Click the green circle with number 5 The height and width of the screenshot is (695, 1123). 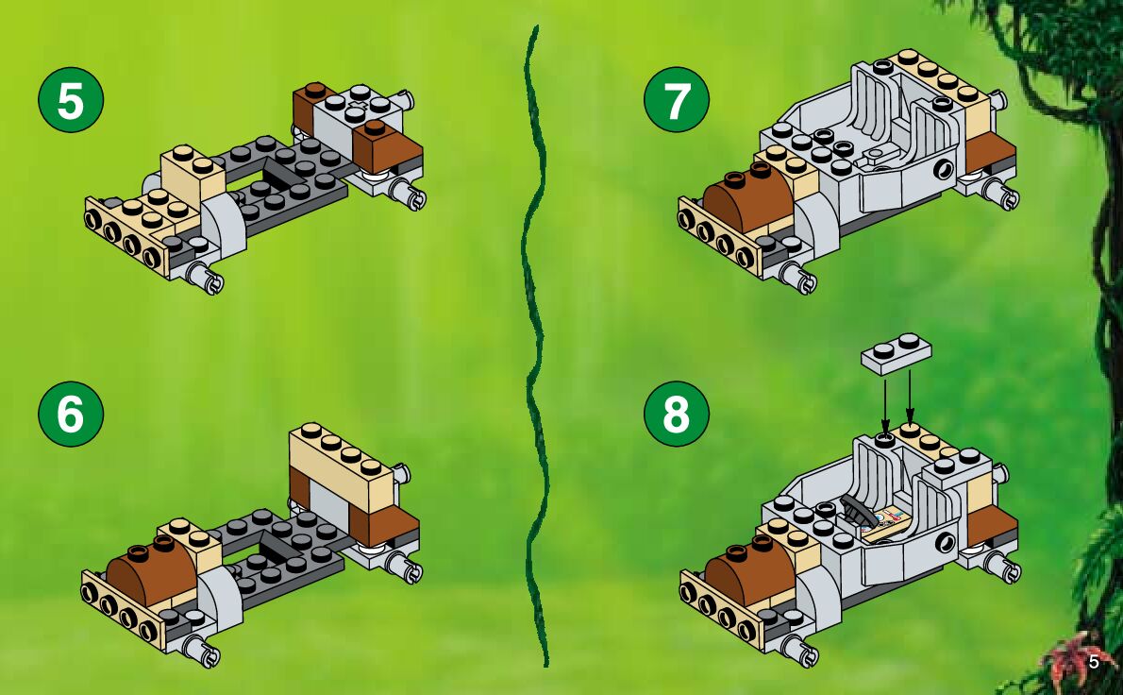click(71, 99)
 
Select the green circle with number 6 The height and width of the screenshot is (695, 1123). click(71, 414)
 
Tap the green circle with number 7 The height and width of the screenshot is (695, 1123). click(677, 99)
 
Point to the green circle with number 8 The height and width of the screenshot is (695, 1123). click(677, 414)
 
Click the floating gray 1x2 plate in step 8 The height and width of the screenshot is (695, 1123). click(897, 353)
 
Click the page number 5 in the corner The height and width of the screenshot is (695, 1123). click(1094, 662)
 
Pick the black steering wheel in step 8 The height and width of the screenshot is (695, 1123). click(857, 506)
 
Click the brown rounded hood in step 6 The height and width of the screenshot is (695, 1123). click(150, 571)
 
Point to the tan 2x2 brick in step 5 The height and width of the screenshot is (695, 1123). click(192, 172)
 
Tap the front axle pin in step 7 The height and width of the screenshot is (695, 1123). click(797, 276)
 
